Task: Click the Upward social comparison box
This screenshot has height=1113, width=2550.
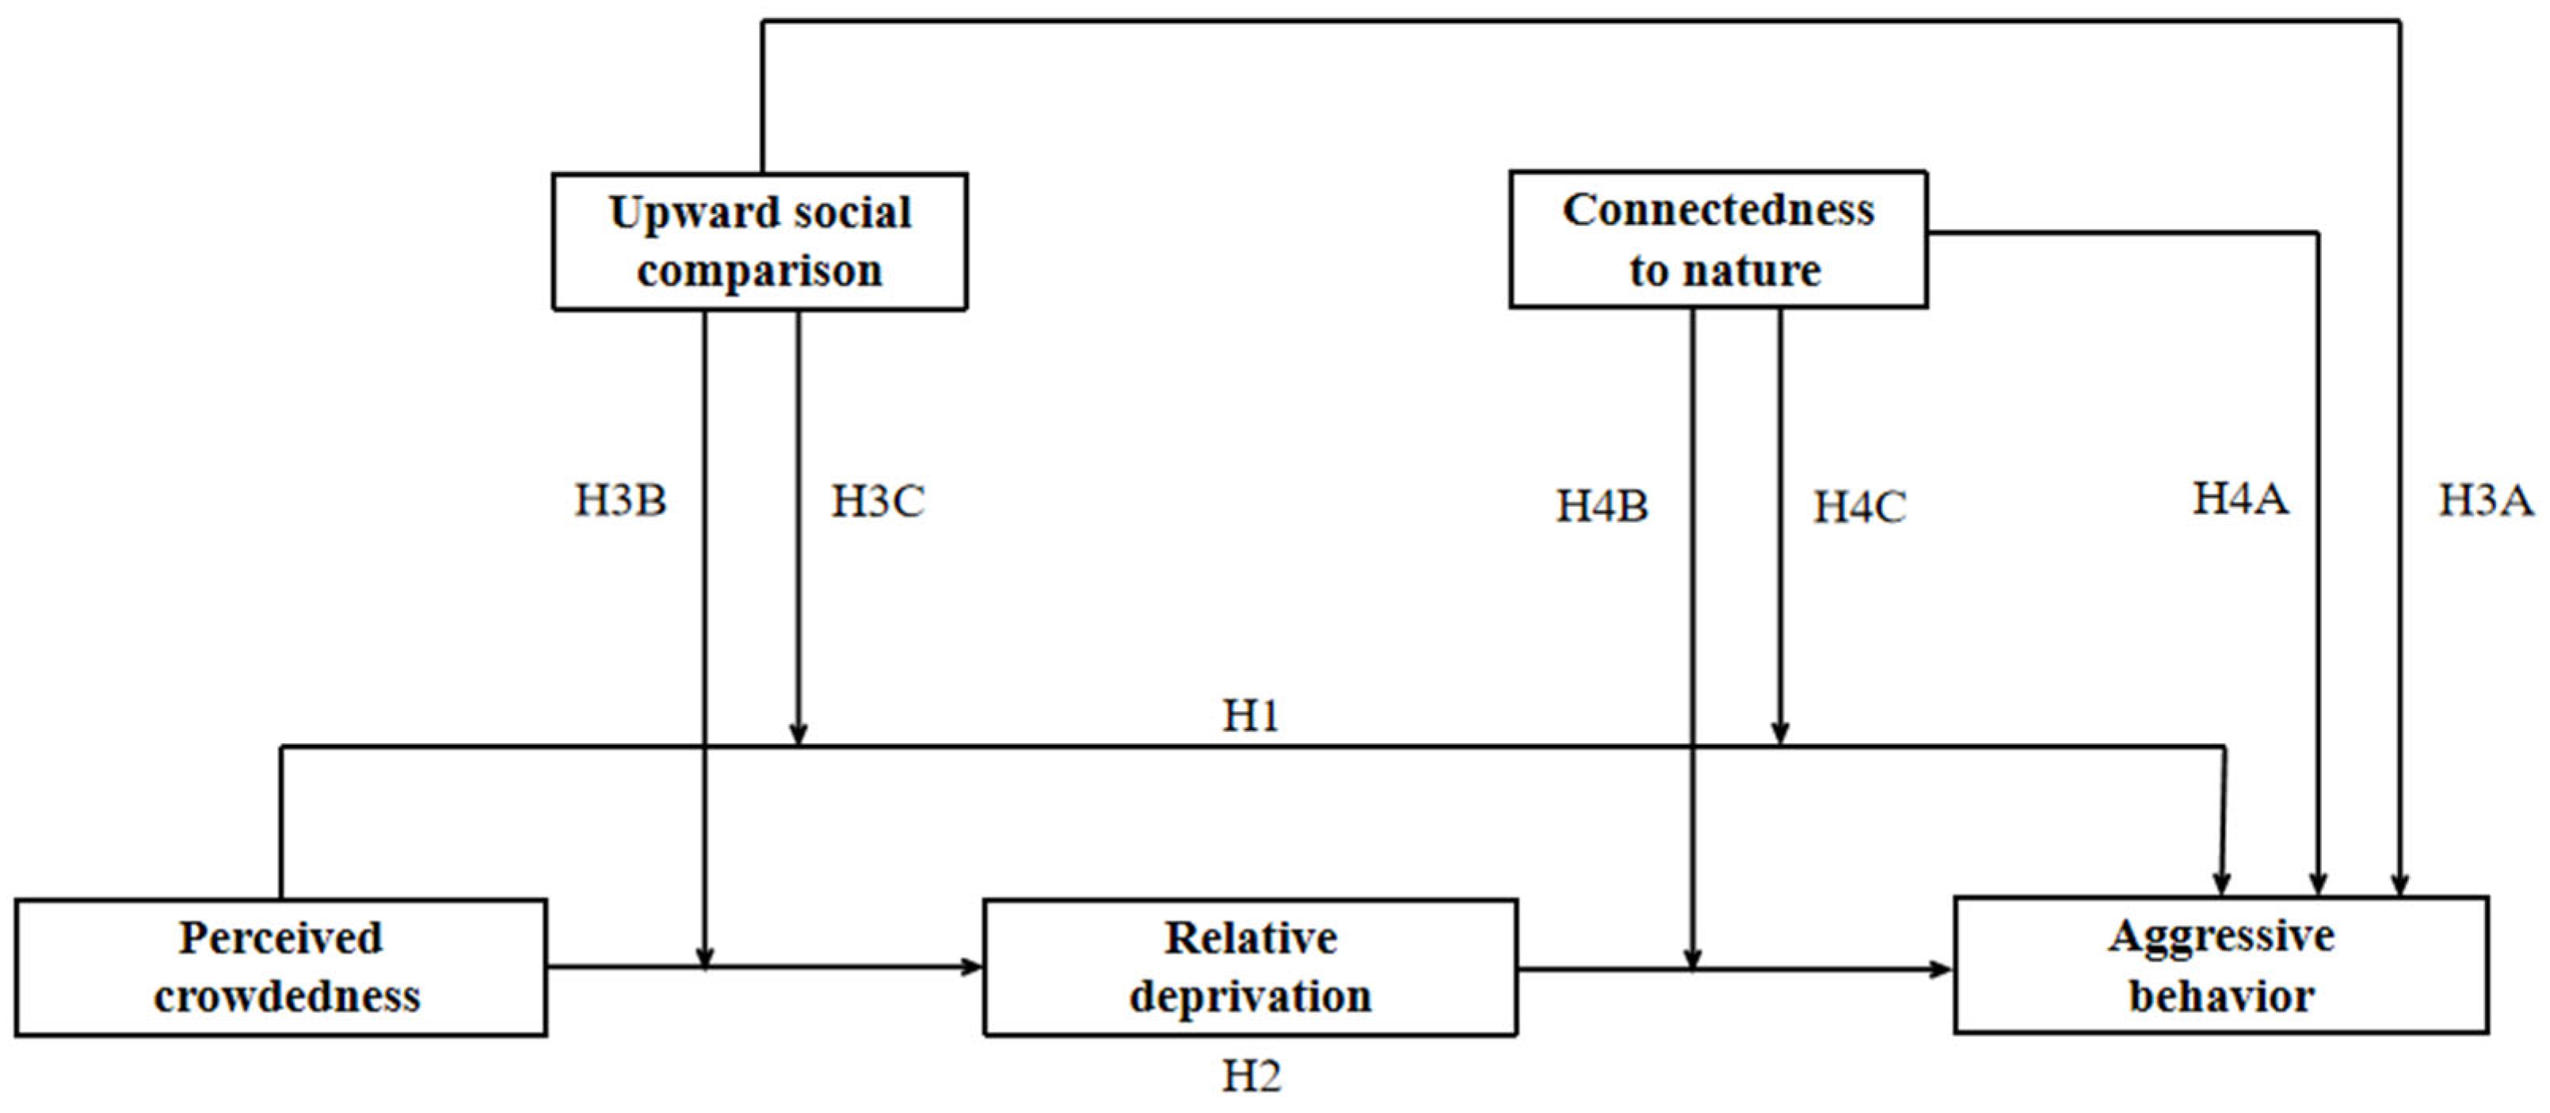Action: pos(759,242)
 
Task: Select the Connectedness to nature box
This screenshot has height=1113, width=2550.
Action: pos(1717,239)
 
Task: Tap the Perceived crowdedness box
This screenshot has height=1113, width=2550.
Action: pos(281,967)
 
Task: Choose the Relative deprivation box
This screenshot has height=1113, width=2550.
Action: pos(1249,967)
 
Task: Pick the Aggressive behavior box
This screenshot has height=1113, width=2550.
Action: pos(2220,966)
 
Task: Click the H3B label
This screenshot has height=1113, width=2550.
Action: pos(621,501)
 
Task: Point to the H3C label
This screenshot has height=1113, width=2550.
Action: pos(877,501)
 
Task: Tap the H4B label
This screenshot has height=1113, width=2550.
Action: pos(1602,507)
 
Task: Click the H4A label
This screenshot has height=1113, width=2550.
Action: pos(2240,498)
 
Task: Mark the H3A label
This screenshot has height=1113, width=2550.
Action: pos(2485,500)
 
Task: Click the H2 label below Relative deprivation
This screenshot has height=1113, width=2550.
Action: pos(1250,1077)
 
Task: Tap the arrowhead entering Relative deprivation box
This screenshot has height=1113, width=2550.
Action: pos(972,966)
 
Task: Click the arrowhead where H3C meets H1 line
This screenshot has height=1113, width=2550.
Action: pos(798,735)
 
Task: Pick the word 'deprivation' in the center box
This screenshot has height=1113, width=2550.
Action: pos(1250,997)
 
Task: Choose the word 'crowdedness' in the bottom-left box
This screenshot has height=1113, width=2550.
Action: pos(287,997)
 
